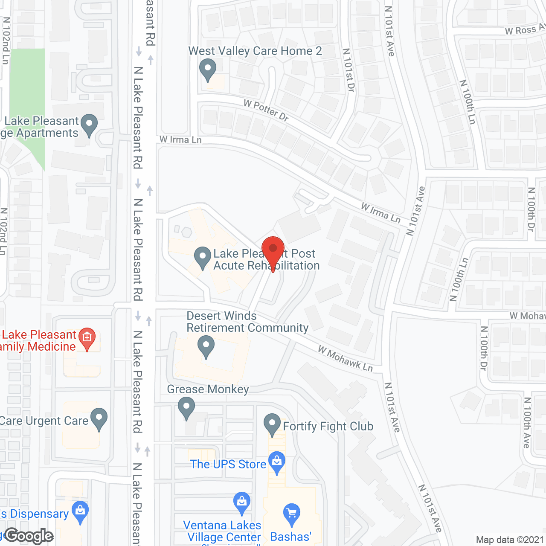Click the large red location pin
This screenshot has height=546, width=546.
coord(273,249)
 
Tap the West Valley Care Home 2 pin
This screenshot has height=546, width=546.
coord(208,69)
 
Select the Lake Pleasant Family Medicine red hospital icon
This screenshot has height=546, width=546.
coord(87,338)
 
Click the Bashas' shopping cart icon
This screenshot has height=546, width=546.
coord(292,514)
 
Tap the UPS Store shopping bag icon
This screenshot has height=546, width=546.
coord(277,462)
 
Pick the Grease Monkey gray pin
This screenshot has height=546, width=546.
coord(186,407)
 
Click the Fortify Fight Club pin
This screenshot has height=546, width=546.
coord(272,424)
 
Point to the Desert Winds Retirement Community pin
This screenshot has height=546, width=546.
coord(206,346)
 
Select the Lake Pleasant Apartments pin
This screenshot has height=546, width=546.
coord(89,125)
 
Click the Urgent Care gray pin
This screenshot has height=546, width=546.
coord(99,418)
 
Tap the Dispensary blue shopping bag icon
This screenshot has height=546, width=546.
coord(80,512)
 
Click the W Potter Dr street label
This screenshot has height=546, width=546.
coord(266,110)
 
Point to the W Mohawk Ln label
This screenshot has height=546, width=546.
coord(346,359)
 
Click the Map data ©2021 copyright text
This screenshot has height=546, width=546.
coord(510,540)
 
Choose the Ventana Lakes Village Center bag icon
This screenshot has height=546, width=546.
coord(242,502)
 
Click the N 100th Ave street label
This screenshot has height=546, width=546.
coord(528,422)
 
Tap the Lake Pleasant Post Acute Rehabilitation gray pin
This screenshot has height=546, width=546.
coord(203,258)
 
